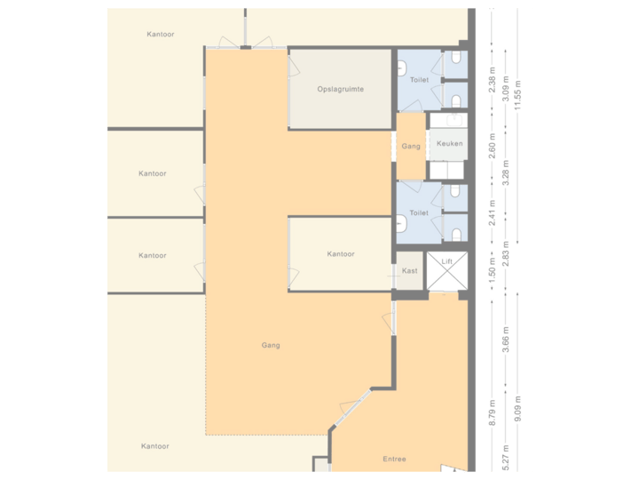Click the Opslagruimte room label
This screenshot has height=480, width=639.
tap(341, 90)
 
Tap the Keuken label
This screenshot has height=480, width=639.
tap(449, 143)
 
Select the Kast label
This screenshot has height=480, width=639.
tap(409, 270)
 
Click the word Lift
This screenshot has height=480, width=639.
tap(446, 262)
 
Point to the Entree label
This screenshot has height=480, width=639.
tap(394, 459)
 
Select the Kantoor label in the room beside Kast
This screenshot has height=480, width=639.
tap(341, 254)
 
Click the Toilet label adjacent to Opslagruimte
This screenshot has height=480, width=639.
tap(419, 80)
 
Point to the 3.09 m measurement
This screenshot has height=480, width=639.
tap(505, 90)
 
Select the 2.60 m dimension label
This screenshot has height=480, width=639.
tap(493, 144)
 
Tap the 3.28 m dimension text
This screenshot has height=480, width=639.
tap(505, 170)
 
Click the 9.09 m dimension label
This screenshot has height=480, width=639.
tap(517, 411)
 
